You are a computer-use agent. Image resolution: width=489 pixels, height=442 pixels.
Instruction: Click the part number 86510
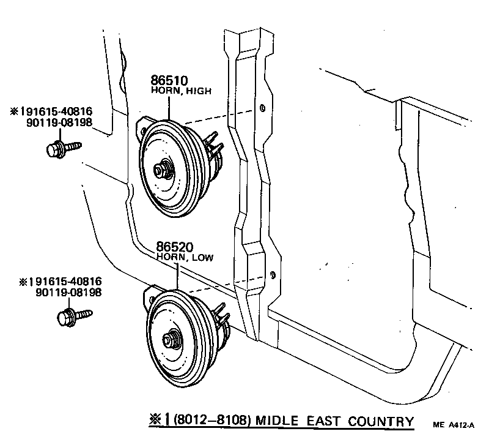coord(170,80)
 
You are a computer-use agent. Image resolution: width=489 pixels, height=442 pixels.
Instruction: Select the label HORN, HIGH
coord(181,91)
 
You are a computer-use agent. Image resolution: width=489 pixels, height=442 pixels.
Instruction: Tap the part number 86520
coord(175,247)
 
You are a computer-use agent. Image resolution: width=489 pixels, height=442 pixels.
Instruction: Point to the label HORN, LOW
coord(185,258)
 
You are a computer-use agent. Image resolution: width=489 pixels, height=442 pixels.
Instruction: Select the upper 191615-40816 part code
coord(51,111)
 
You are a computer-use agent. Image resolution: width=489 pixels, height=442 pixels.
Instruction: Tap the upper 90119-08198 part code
coord(58,122)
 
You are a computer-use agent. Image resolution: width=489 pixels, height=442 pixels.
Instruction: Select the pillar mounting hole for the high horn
coord(262,108)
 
